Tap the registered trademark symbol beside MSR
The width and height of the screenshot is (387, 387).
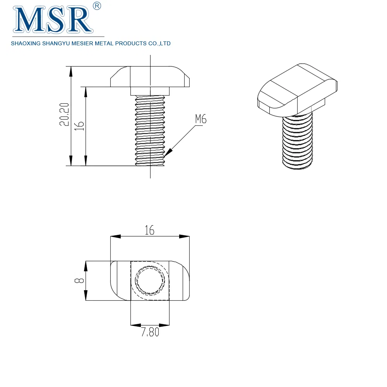coord(98,6)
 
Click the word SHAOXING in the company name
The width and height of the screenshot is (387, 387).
coord(24,44)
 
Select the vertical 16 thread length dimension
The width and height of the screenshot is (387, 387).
coord(79,125)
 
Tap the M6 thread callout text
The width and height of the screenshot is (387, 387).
coord(200,119)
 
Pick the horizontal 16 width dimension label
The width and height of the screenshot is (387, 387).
coord(150,230)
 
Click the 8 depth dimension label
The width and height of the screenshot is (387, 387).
coord(79,281)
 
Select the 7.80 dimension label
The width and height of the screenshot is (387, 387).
coord(150,332)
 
